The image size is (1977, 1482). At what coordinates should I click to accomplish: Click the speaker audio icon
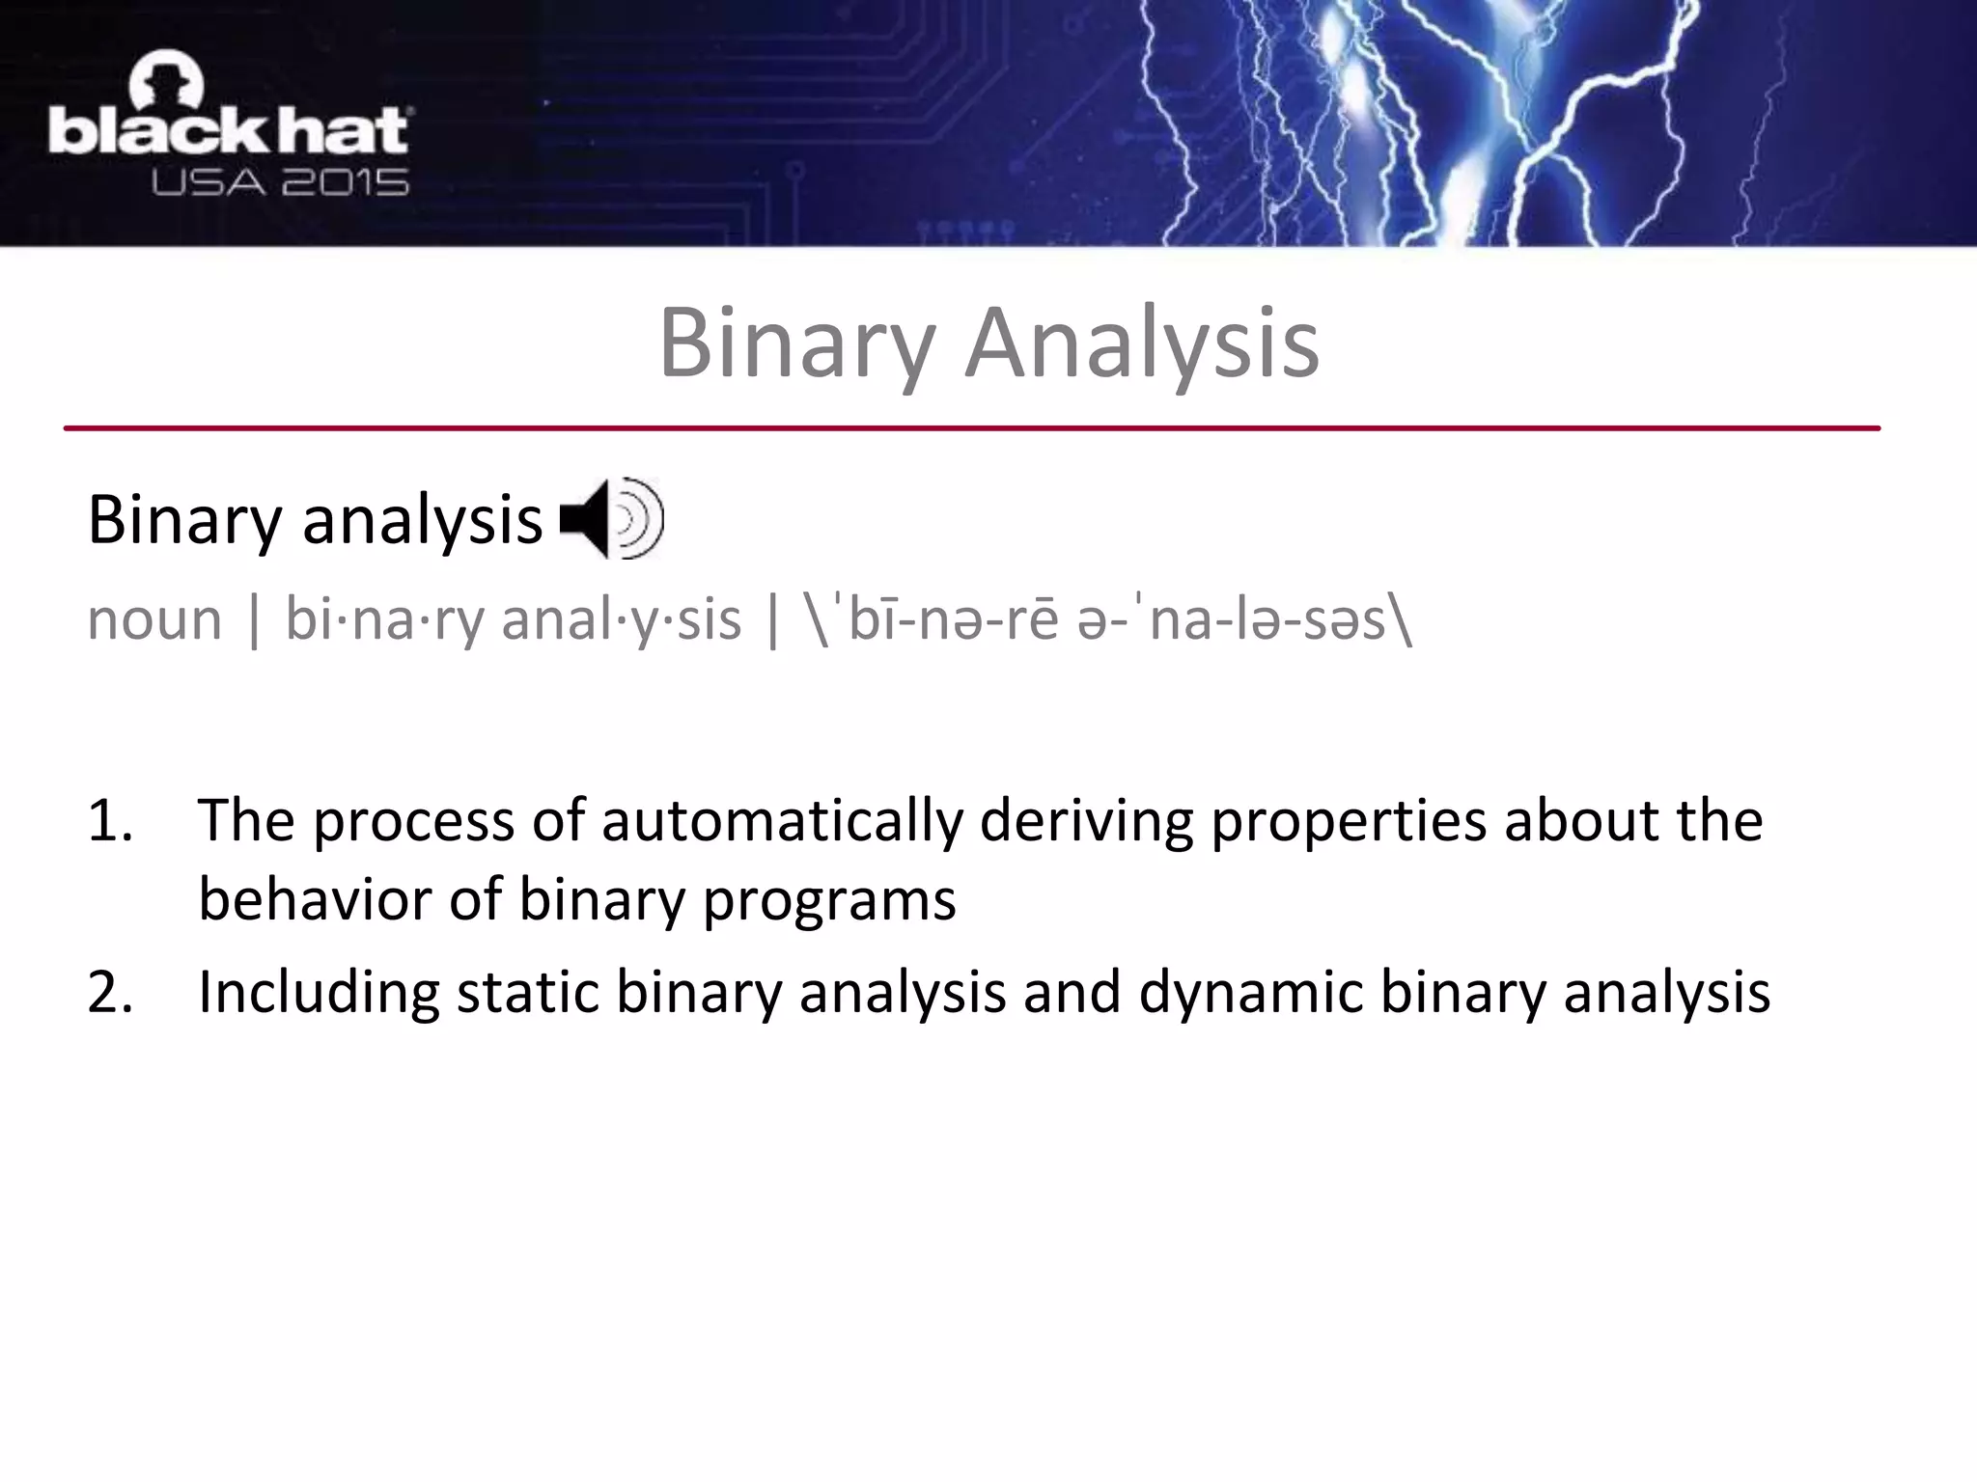[611, 519]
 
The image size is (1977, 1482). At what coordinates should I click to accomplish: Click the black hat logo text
[229, 132]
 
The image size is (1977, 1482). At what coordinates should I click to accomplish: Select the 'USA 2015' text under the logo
[280, 182]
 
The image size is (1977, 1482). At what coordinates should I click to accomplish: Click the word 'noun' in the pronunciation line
[154, 619]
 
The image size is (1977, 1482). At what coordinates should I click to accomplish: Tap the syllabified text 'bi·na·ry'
[384, 619]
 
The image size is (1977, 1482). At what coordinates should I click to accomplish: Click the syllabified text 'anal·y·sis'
[622, 619]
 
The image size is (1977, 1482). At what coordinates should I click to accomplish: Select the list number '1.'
[110, 821]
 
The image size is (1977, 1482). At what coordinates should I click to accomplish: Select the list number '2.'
[110, 992]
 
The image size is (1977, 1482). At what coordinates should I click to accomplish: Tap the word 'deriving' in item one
[1086, 821]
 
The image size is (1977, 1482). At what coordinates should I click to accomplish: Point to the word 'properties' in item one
[1348, 821]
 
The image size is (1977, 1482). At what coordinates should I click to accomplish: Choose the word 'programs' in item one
[829, 901]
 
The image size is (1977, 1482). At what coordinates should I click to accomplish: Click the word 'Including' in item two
[319, 992]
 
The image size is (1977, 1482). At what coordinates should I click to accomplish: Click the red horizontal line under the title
[972, 427]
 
